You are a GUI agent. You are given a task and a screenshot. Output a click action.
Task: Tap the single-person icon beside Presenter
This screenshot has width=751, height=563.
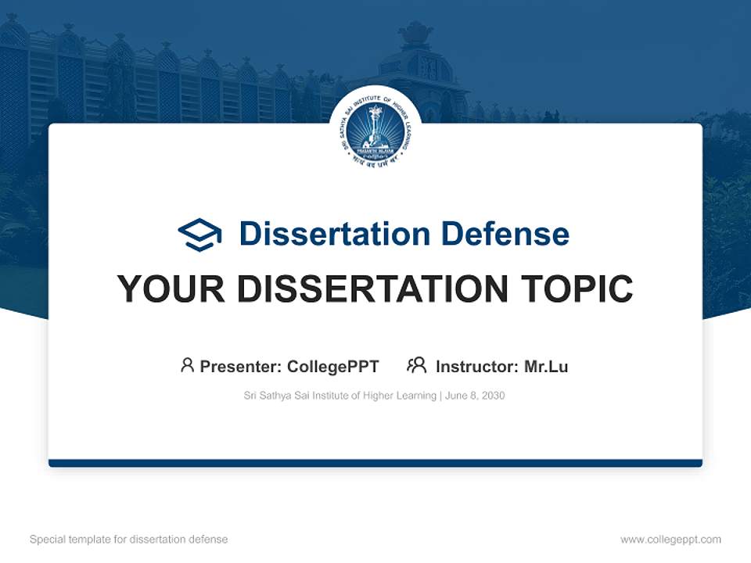point(187,365)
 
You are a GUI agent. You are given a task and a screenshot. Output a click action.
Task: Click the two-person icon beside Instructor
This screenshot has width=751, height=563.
point(416,365)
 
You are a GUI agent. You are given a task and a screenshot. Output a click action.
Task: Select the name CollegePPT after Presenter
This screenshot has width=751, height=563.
point(332,366)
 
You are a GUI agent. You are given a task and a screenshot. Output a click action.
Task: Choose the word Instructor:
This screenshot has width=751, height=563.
point(476,366)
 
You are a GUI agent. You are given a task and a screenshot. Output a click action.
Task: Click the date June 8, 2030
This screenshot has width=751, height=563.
point(475,396)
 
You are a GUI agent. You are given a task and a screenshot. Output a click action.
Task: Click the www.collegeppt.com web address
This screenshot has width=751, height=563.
point(670,540)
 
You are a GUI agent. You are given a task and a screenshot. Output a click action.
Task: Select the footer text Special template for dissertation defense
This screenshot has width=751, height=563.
point(128,540)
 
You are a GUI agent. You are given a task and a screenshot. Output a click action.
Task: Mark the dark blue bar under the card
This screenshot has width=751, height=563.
point(375,463)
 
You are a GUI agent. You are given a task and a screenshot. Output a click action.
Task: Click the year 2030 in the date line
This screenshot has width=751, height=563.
point(492,396)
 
